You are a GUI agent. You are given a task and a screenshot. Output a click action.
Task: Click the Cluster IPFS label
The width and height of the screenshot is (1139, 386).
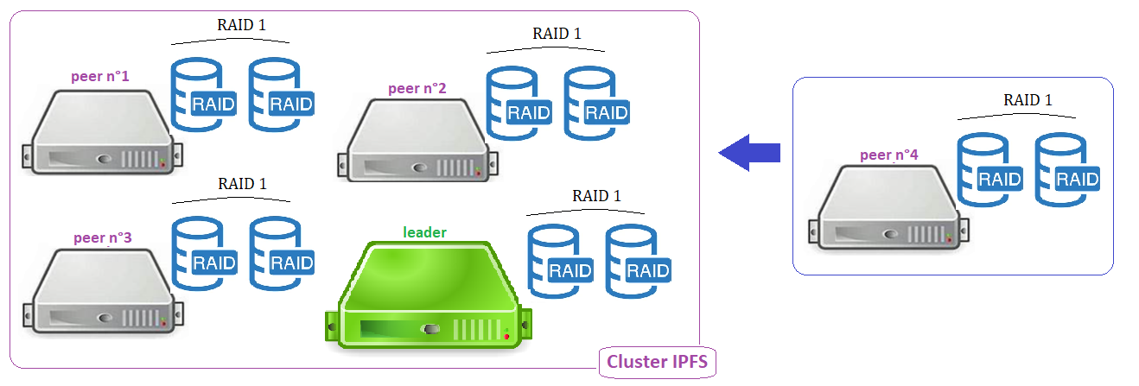(x=657, y=362)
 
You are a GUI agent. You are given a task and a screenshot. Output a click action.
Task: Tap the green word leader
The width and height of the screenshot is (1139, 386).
(x=425, y=232)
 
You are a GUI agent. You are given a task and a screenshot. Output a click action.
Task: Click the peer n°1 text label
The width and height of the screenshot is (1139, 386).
(x=100, y=77)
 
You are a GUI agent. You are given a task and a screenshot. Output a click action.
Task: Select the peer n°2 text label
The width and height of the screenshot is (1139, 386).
(x=417, y=88)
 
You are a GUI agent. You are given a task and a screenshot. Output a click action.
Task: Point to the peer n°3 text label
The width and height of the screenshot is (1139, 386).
(x=103, y=237)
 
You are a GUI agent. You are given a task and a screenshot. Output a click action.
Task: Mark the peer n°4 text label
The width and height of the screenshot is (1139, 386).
(x=889, y=156)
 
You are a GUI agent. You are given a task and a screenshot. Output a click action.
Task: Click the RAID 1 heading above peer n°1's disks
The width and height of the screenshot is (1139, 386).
(x=241, y=24)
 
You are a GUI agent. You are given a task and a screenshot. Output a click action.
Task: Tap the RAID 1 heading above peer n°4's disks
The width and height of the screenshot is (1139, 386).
(x=1028, y=100)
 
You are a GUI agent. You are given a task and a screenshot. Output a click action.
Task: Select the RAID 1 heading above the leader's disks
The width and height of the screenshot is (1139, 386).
(x=596, y=196)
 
